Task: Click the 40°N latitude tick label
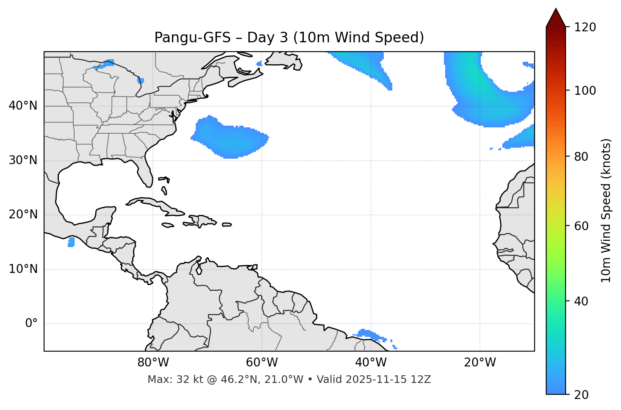23,106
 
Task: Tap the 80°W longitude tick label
153,363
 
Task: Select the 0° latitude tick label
31,324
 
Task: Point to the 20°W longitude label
480,363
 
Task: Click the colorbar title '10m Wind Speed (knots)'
606,211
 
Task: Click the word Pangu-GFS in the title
192,38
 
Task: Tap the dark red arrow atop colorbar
556,18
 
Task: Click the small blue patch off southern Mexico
71,242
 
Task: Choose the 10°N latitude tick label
23,270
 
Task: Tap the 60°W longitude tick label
261,363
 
